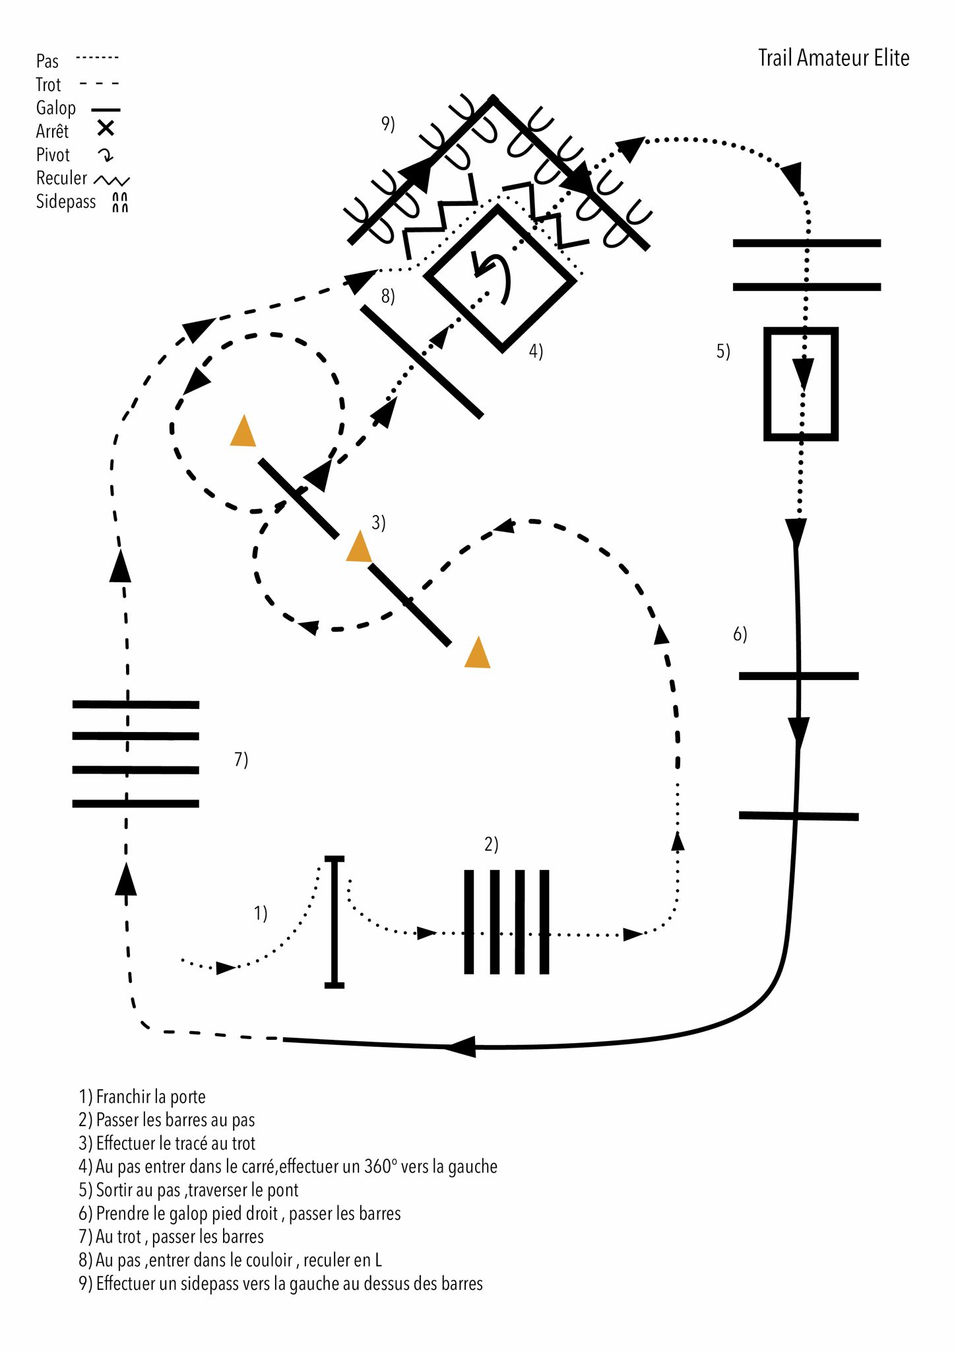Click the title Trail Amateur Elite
[x=833, y=58]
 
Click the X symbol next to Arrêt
[x=106, y=128]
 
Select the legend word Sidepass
[x=65, y=201]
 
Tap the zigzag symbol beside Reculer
[x=112, y=180]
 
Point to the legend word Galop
[x=55, y=108]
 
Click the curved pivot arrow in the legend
[x=106, y=155]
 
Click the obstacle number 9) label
[x=388, y=123]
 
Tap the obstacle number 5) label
[x=723, y=351]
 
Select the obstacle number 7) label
[x=241, y=759]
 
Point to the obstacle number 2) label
[x=492, y=844]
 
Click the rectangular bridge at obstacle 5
[x=801, y=384]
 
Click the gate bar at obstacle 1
[x=335, y=922]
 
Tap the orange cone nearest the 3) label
[x=359, y=547]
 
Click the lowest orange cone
[x=477, y=654]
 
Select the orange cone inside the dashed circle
[x=243, y=432]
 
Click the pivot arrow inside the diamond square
[x=494, y=274]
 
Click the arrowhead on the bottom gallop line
[x=461, y=1046]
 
